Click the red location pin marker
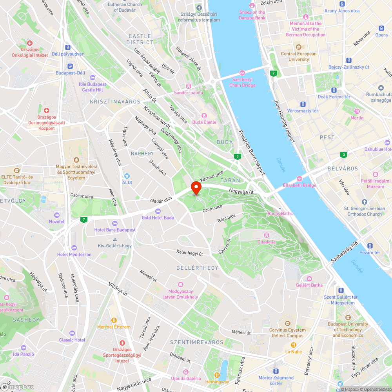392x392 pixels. pos(196,188)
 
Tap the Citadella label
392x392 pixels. pos(266,242)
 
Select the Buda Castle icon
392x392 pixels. pos(204,116)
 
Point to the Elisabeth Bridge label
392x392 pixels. pos(299,185)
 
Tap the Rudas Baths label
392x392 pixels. pos(280,214)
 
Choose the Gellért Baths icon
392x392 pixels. pos(309,279)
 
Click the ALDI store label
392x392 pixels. pos(127,182)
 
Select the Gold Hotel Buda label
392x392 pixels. pos(158,218)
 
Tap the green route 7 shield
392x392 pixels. pos(83,219)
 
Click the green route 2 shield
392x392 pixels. pos(273,73)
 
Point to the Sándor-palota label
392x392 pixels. pos(189,93)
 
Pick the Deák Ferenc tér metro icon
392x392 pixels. pos(334,90)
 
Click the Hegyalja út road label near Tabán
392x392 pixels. pos(241,191)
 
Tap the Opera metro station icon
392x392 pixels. pos(381,28)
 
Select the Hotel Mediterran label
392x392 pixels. pos(74,254)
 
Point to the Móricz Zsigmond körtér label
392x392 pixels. pos(276,380)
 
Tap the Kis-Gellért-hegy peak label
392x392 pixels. pos(114,246)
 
